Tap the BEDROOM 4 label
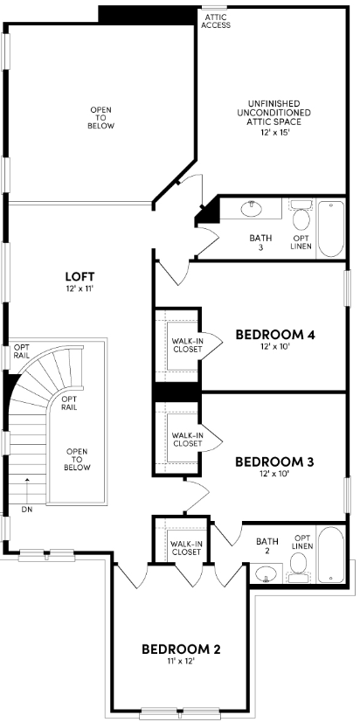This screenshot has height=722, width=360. [274, 335]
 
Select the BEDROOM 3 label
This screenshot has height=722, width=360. [274, 462]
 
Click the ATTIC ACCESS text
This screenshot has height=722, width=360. [216, 21]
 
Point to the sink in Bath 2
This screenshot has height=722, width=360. [267, 575]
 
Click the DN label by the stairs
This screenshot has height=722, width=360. [28, 508]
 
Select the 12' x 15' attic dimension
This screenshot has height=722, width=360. [274, 132]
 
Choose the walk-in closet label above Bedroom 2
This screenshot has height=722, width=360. [185, 548]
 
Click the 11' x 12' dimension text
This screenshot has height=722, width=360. [181, 663]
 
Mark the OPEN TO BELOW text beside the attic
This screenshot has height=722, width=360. [101, 118]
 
